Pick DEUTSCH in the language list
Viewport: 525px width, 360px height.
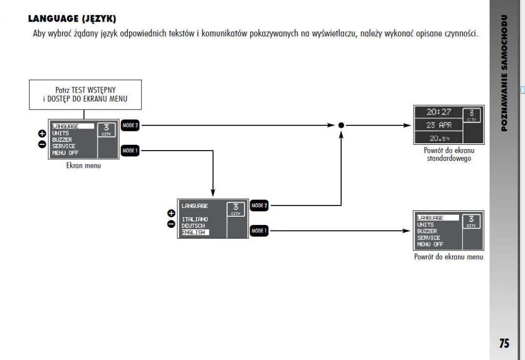coord(194,225)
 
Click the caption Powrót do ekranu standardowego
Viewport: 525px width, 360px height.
coord(446,155)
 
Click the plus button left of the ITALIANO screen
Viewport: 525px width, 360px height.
coord(171,213)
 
